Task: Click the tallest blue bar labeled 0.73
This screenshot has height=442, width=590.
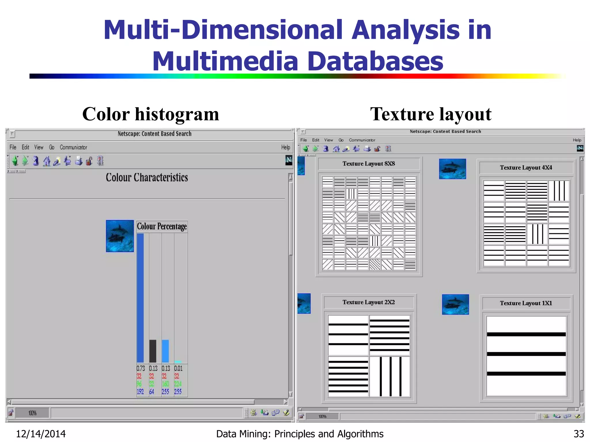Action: coord(140,298)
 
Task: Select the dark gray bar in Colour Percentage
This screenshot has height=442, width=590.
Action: coord(153,351)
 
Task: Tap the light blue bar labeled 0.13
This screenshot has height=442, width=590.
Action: coord(165,351)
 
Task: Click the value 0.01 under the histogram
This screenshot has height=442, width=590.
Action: coord(178,368)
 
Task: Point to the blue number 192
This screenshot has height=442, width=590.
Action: coord(140,392)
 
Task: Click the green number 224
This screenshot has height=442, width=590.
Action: coord(178,384)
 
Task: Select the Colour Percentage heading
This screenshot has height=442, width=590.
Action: coord(162,226)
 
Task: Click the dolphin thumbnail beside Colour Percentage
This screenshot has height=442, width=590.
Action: coord(120,236)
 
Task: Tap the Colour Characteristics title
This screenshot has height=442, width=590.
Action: coord(147,178)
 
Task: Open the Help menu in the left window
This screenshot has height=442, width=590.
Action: coord(285,147)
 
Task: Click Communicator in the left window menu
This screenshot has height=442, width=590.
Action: coord(73,147)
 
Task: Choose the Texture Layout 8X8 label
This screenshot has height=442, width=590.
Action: coord(369,164)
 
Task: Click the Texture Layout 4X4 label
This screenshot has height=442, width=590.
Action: coord(526,168)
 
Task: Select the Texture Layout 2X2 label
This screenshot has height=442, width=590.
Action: coord(369,302)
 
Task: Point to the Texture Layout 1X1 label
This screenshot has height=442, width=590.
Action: coord(526,303)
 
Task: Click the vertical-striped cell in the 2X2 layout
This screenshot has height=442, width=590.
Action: coord(390,376)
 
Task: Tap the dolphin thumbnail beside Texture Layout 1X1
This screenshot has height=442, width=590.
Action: coord(455,304)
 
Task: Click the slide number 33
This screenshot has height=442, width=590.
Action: coord(579,434)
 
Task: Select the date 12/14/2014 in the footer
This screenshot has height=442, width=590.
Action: coord(41,434)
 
